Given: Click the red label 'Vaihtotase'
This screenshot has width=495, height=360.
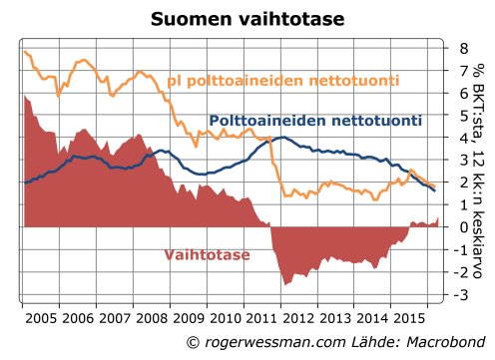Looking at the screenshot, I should (207, 254).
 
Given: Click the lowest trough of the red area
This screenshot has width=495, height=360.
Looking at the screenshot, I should (285, 285).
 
